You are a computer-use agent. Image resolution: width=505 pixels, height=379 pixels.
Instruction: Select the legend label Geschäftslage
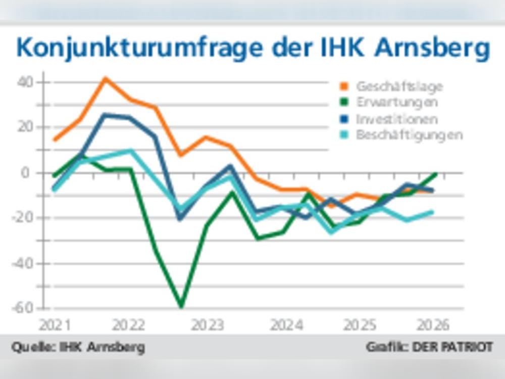[399, 86]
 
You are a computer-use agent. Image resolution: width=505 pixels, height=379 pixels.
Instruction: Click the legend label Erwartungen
[397, 102]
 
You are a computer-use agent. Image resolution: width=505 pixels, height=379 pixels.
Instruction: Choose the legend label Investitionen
[397, 119]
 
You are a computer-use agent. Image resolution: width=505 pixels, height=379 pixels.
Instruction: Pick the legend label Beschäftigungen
[410, 135]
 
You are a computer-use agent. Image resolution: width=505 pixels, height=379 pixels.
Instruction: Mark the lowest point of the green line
[181, 306]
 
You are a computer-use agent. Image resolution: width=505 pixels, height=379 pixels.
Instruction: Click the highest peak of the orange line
[105, 78]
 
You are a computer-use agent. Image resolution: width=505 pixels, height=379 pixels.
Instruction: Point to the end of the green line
[435, 174]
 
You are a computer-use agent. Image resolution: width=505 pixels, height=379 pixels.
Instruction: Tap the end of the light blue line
[433, 212]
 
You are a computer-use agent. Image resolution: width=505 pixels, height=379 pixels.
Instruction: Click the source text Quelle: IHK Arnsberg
[78, 348]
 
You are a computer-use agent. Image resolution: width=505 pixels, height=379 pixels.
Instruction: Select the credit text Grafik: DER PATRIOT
[429, 348]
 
